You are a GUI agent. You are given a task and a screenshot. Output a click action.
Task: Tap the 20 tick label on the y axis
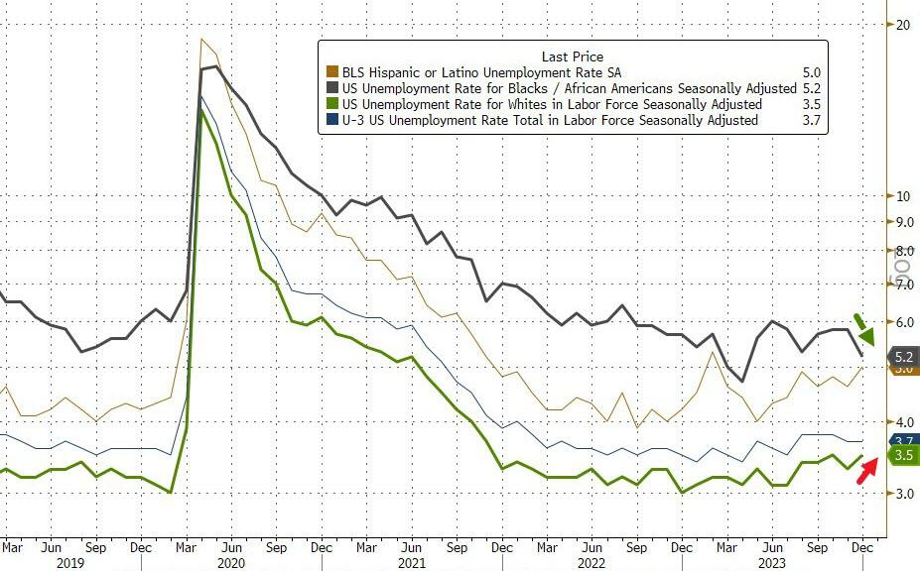pyautogui.click(x=903, y=24)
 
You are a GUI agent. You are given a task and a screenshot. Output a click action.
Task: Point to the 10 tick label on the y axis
pyautogui.click(x=903, y=195)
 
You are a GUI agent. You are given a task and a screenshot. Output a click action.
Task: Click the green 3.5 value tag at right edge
pyautogui.click(x=903, y=455)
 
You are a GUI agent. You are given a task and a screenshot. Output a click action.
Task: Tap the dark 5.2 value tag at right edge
pyautogui.click(x=903, y=356)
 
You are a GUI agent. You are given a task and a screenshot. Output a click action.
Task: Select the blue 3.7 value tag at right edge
pyautogui.click(x=904, y=440)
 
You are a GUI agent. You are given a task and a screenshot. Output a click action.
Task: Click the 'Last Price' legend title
pyautogui.click(x=572, y=57)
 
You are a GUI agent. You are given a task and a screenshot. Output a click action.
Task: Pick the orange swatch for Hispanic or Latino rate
pyautogui.click(x=331, y=72)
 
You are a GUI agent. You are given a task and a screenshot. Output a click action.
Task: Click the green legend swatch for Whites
pyautogui.click(x=331, y=104)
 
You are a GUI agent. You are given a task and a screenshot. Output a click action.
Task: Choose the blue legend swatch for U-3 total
pyautogui.click(x=331, y=120)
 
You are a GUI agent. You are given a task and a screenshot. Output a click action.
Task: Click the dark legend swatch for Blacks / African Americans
pyautogui.click(x=331, y=88)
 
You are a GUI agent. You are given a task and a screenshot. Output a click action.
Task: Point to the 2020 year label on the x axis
pyautogui.click(x=230, y=562)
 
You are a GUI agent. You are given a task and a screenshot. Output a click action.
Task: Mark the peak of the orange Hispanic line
pyautogui.click(x=202, y=40)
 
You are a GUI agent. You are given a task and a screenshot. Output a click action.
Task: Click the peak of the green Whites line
pyautogui.click(x=201, y=110)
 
